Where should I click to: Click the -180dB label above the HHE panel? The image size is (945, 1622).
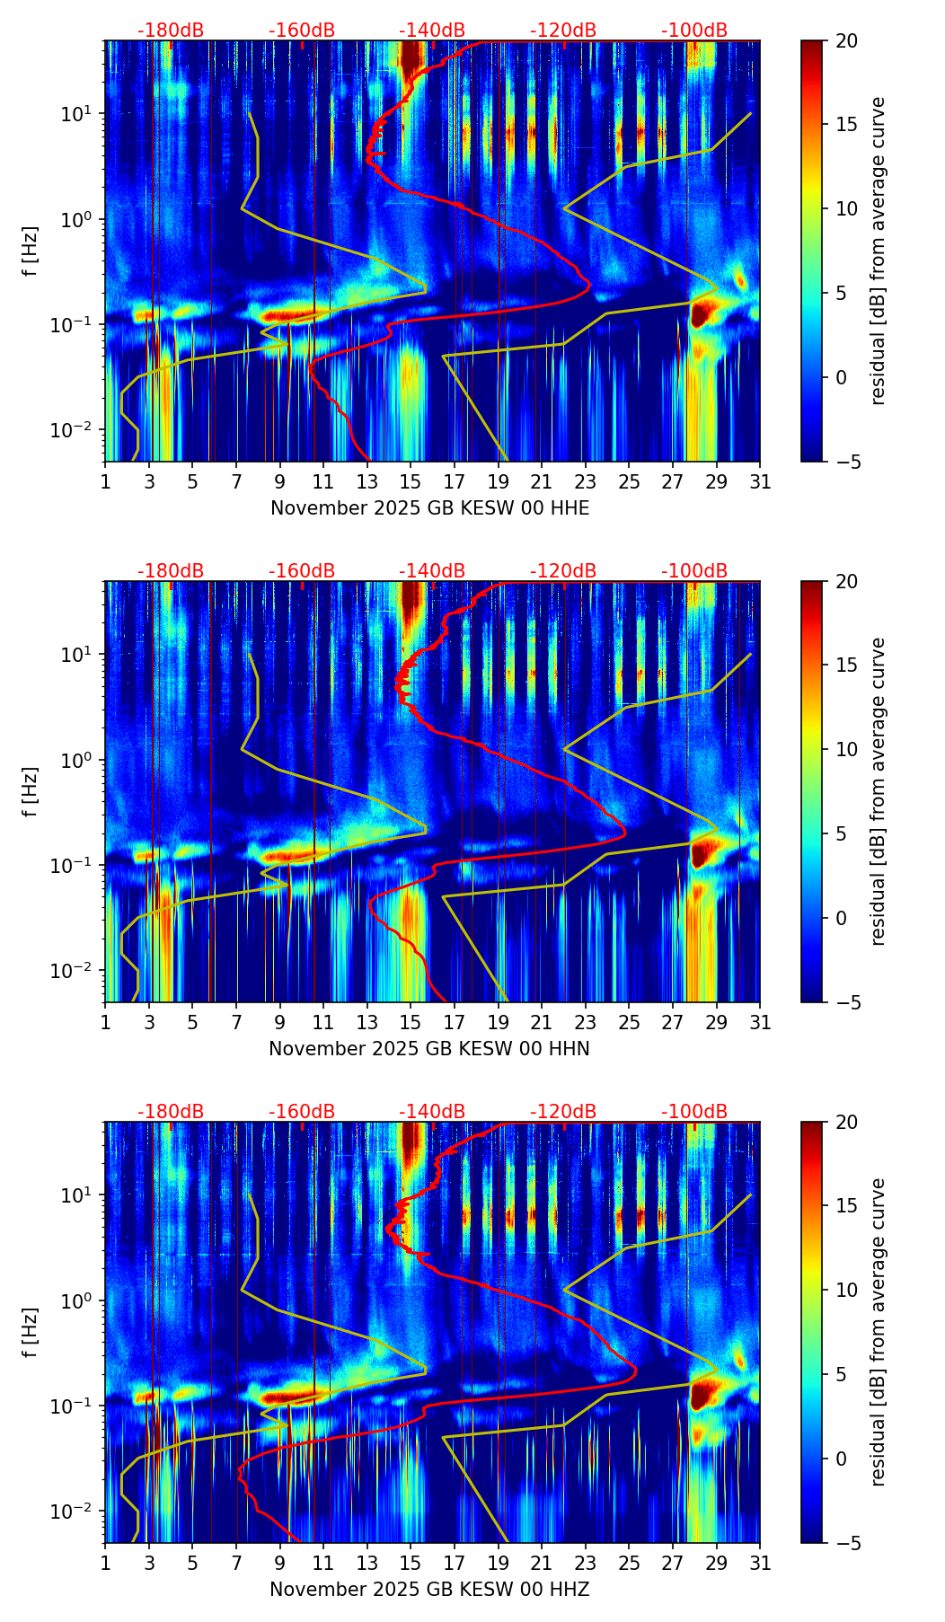click(x=171, y=31)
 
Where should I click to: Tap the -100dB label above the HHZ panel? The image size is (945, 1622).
click(x=694, y=1112)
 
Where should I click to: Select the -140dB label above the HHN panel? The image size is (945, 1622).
click(x=432, y=571)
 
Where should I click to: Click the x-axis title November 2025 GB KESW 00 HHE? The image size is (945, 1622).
click(x=429, y=508)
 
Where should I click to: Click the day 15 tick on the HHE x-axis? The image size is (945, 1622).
click(x=411, y=481)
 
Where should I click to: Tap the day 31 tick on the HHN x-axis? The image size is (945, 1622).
click(x=760, y=1022)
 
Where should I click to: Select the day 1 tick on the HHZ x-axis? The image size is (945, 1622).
click(x=105, y=1563)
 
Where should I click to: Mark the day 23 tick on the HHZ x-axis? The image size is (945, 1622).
click(x=586, y=1563)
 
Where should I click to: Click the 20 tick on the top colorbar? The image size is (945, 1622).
click(x=846, y=40)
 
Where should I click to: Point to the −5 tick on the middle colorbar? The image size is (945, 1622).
click(x=846, y=1002)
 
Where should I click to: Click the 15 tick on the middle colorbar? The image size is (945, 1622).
click(x=846, y=666)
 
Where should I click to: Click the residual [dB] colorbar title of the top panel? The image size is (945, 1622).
click(x=878, y=251)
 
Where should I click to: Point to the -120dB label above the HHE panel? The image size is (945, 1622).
click(x=563, y=31)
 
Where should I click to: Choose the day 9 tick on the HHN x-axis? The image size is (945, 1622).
click(x=280, y=1022)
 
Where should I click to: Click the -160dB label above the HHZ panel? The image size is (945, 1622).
click(x=302, y=1112)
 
